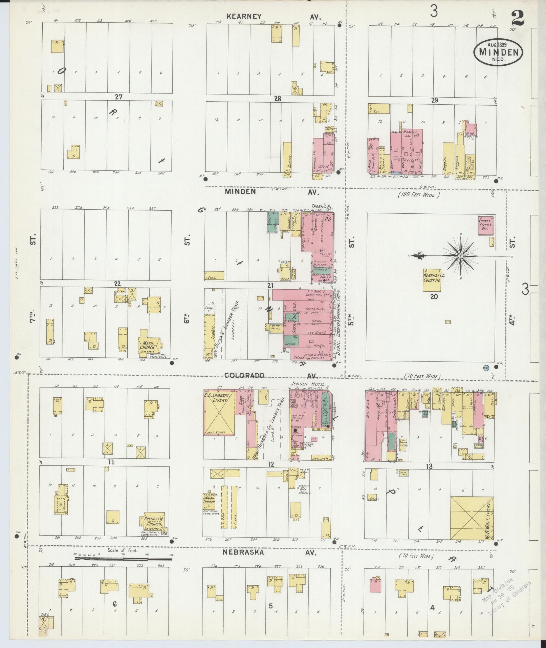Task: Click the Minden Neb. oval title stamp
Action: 498,53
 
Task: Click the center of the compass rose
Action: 461,256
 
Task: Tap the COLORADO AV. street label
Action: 270,375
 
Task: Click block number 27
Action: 118,97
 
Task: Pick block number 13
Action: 429,467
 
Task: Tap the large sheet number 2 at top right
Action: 518,18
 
